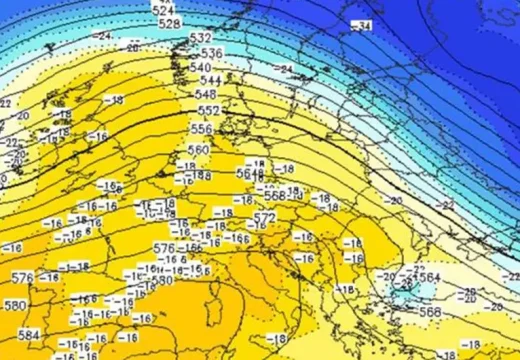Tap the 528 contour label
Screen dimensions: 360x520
click(170, 23)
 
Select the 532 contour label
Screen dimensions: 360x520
click(200, 39)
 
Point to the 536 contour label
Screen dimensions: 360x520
click(211, 53)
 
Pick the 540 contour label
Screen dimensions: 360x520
click(200, 68)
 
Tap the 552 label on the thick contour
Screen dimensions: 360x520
click(208, 111)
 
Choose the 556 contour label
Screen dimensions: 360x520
click(201, 129)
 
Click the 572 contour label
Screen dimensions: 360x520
click(264, 217)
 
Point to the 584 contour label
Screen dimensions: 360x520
click(29, 335)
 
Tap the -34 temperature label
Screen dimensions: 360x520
click(361, 24)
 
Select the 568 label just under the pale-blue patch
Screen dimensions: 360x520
click(430, 311)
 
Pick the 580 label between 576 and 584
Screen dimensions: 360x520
click(15, 305)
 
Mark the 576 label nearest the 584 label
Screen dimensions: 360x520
click(21, 277)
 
